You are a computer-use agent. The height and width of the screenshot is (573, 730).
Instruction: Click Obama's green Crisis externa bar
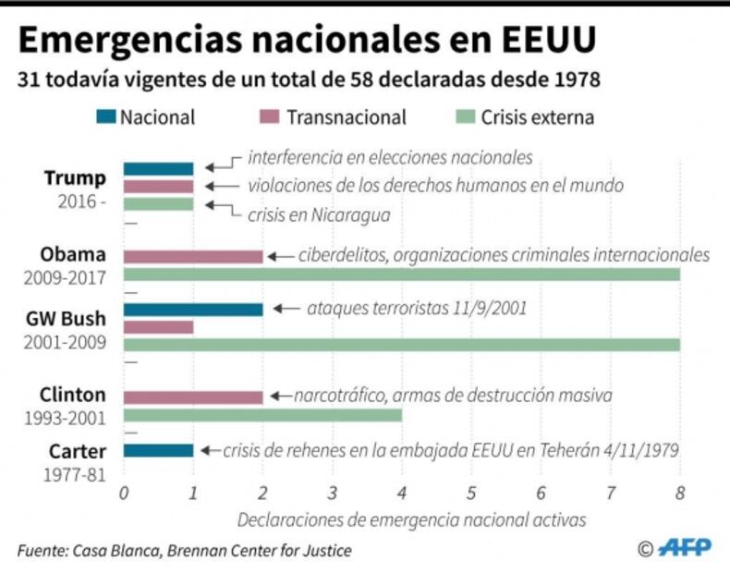pos(401,274)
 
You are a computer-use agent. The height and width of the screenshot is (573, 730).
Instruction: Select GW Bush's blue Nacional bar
pos(192,309)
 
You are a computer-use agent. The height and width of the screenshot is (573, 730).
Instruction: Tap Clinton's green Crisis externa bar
pos(262,415)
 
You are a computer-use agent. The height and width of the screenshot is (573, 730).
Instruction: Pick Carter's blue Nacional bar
pos(158,450)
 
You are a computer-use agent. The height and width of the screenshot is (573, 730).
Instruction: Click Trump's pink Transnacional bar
pos(158,186)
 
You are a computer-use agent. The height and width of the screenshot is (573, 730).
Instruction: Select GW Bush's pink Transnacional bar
pos(158,326)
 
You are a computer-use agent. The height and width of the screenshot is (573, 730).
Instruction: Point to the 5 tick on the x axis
pos(471,493)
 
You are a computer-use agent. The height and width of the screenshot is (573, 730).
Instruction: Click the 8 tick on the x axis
pos(680,493)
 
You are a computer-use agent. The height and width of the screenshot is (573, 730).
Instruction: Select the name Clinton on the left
pos(72,395)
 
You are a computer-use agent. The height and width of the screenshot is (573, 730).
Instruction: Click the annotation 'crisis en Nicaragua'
pos(319,214)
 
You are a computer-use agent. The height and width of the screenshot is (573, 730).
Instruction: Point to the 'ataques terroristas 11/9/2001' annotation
pos(417,308)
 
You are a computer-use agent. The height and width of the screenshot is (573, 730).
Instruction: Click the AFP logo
pos(684,548)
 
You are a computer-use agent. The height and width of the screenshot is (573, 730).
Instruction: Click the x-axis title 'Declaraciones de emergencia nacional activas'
pos(411,520)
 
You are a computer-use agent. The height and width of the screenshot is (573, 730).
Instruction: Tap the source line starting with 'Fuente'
pos(184,551)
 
